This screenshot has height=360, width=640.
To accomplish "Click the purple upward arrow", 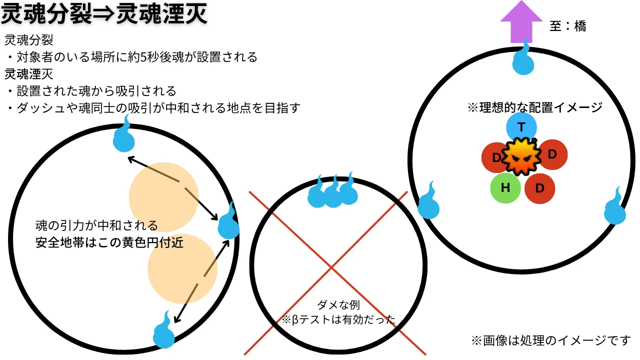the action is (x=521, y=23).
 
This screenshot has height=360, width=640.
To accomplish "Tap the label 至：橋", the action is (x=567, y=26).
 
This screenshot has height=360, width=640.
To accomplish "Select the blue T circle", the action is (x=521, y=127).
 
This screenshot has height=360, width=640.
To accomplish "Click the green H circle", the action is (x=505, y=188).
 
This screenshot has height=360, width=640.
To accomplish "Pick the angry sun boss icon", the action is (x=521, y=156).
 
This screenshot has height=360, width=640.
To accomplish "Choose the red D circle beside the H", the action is (x=539, y=188).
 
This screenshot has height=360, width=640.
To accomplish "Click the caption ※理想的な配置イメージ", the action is (x=535, y=107).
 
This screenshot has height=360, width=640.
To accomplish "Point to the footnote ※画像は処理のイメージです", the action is (x=551, y=340).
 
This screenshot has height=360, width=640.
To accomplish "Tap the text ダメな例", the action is (x=338, y=305).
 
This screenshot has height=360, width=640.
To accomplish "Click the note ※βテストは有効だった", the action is (x=338, y=319).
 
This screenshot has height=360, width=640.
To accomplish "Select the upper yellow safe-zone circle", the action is (x=163, y=197).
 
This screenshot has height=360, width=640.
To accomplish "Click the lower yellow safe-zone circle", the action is (x=182, y=269).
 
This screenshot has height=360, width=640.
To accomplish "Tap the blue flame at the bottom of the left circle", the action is (x=164, y=331).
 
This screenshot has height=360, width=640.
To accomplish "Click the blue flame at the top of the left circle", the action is (x=124, y=135).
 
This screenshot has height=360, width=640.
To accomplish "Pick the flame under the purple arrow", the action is (x=523, y=57).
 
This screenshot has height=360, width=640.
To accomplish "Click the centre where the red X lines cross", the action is (x=331, y=267).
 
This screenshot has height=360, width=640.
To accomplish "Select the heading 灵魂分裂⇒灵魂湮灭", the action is (x=104, y=13).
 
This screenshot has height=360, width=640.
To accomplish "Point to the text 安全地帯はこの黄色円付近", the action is (x=109, y=243).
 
